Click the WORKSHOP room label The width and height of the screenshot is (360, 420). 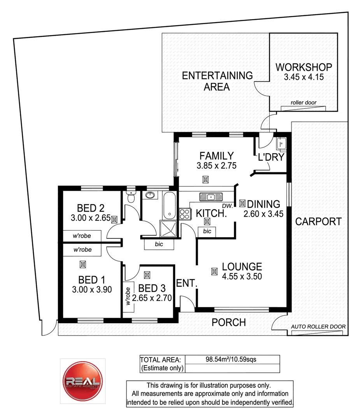click(x=304, y=67)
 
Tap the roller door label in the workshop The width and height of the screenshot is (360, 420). click(x=304, y=103)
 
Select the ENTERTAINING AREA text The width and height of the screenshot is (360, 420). click(x=217, y=81)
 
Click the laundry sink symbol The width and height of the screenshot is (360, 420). click(x=281, y=144)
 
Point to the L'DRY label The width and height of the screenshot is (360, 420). click(x=271, y=157)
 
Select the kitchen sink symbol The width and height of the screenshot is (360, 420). click(x=211, y=197)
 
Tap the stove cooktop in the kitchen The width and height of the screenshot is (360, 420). click(x=184, y=213)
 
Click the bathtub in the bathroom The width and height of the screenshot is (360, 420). click(x=169, y=205)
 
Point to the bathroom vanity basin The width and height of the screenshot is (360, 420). click(x=150, y=195)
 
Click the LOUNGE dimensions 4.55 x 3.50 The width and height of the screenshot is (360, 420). click(x=242, y=277)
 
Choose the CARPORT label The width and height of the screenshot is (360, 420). click(x=318, y=221)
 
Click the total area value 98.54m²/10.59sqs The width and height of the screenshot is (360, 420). click(x=231, y=360)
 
